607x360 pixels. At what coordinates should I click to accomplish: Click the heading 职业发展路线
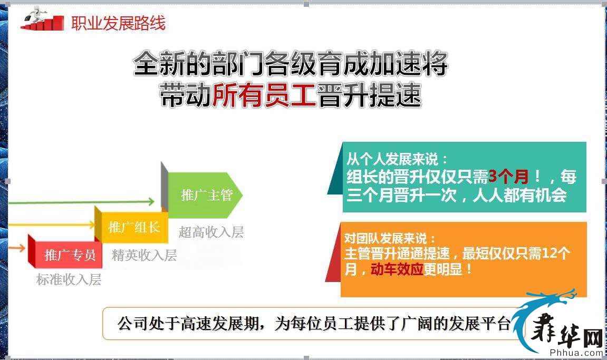click(118, 23)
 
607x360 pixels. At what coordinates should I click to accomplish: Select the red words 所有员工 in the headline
click(264, 95)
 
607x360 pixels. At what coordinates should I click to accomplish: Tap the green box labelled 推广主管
click(205, 195)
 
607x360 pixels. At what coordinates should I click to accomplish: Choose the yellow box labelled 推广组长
click(134, 227)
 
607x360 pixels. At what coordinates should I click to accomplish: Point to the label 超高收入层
click(211, 232)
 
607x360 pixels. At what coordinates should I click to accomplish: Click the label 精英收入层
click(144, 255)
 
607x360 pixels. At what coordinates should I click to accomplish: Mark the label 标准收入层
click(69, 279)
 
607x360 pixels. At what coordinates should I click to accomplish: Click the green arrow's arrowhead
click(151, 201)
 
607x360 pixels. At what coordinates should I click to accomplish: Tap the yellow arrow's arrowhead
click(92, 224)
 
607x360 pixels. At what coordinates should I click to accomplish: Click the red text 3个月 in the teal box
click(509, 177)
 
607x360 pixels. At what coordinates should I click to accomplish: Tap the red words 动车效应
click(397, 269)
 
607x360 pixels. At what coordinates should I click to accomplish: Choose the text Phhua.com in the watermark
click(576, 353)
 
